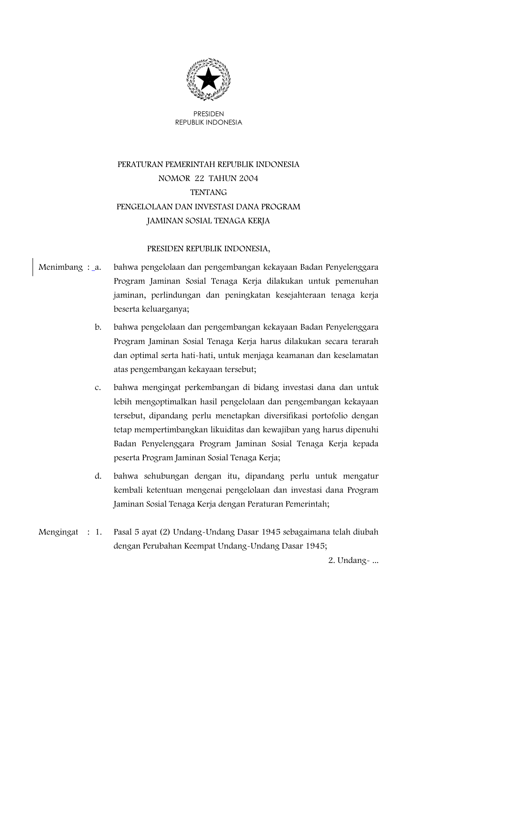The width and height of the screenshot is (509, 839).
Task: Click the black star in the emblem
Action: (208, 79)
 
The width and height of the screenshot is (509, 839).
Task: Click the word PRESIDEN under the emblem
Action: (208, 114)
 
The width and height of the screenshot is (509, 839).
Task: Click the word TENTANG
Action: (208, 193)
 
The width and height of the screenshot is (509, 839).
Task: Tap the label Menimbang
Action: (60, 267)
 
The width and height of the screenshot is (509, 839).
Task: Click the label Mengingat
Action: (58, 532)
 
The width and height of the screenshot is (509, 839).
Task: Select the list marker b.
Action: (98, 327)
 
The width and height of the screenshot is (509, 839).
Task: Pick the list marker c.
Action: (98, 388)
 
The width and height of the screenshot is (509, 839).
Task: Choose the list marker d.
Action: (98, 476)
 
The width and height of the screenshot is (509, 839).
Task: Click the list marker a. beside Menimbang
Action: (98, 267)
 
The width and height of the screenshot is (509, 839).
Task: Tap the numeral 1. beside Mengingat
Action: (99, 532)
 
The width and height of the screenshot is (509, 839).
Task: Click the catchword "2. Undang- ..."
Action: (353, 561)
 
